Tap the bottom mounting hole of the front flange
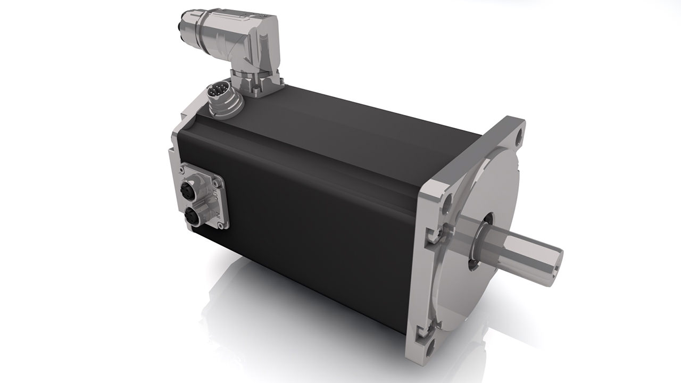pyautogui.click(x=430, y=348)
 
